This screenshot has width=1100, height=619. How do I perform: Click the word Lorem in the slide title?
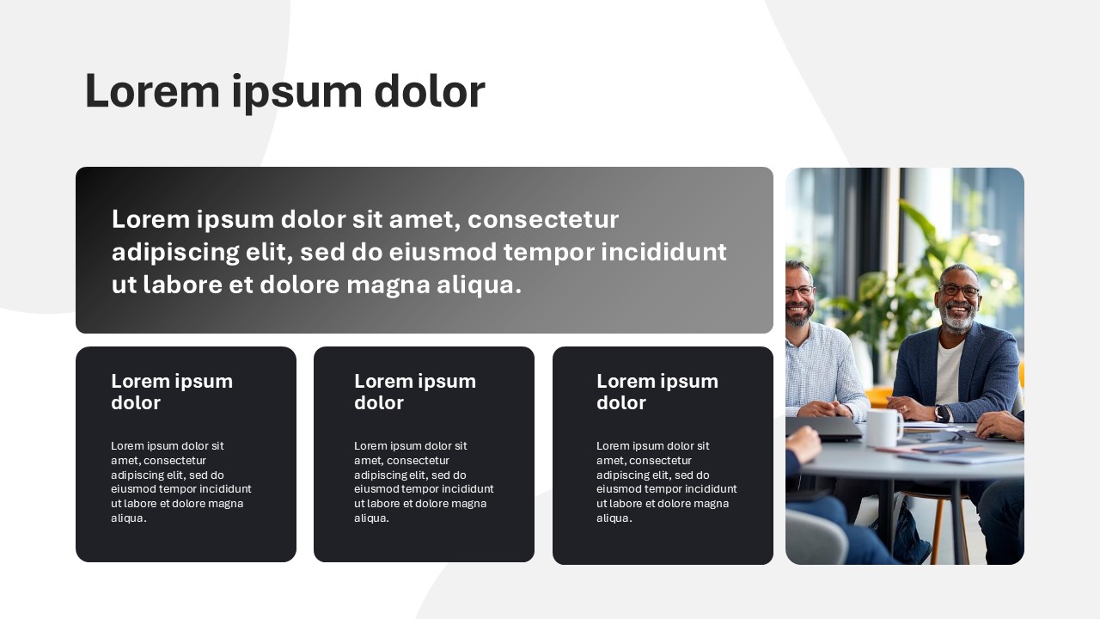tap(152, 91)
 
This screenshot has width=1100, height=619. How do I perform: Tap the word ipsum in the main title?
tap(297, 94)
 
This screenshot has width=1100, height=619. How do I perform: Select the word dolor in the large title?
tap(430, 91)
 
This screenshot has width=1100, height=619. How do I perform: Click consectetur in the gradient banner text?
tap(543, 219)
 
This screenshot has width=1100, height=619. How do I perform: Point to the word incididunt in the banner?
tap(664, 252)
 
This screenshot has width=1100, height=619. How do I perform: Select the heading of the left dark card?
tap(172, 391)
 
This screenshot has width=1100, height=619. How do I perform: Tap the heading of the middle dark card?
tap(415, 391)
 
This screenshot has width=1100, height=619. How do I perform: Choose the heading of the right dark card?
tap(657, 391)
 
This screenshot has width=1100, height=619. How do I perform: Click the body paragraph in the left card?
tap(180, 481)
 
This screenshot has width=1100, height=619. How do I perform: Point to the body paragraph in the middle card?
tap(424, 481)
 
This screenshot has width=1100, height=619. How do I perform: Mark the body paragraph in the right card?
tap(666, 481)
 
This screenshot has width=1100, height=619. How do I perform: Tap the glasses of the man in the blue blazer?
tap(959, 291)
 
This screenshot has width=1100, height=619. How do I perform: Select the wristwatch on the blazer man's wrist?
tap(942, 414)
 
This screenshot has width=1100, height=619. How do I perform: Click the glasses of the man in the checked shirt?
tap(798, 291)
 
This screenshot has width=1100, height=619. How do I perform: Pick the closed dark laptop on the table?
tap(823, 428)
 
